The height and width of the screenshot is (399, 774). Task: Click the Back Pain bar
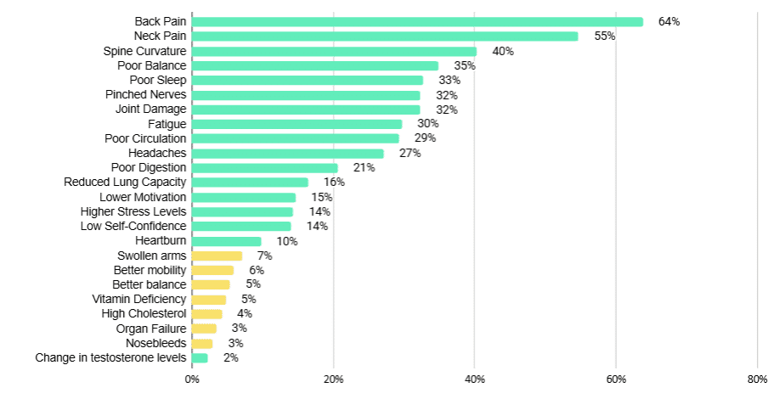pos(417,21)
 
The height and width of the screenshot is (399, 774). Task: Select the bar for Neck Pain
pos(385,36)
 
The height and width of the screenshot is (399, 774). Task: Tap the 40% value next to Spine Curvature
pos(503,51)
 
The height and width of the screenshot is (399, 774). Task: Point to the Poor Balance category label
pos(152,65)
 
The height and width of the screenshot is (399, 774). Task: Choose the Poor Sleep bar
pos(308,80)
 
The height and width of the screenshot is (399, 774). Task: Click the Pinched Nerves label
pos(145,94)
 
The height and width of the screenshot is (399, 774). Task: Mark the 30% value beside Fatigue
pos(428,124)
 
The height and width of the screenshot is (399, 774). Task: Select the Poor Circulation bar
pos(296,138)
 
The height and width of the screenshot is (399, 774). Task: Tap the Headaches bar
pos(288,153)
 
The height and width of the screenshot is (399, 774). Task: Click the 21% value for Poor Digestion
pos(364,168)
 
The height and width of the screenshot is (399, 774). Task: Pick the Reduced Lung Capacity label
pos(125,183)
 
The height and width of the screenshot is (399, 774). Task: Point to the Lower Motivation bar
pos(244,197)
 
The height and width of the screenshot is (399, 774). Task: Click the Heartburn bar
pos(227,241)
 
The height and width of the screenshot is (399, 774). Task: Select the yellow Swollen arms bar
pos(218,256)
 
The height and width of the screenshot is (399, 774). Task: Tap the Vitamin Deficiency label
pos(138,299)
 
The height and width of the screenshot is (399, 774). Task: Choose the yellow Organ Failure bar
pos(205,329)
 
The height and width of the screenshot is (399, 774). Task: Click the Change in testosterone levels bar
pos(200,357)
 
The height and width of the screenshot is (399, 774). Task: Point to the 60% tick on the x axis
pos(616,379)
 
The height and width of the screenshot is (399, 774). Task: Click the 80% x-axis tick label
pos(757,379)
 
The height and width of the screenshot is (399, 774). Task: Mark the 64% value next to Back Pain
pos(669,21)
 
